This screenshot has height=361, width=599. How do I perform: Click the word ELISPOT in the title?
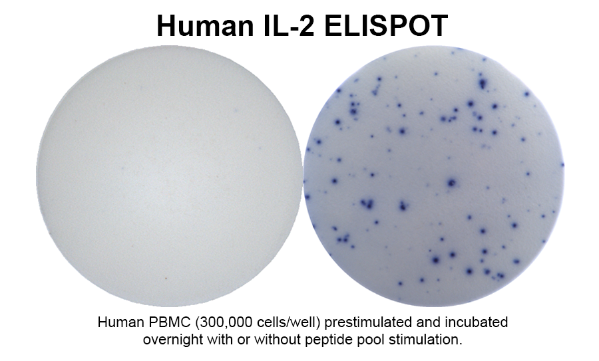coord(386,25)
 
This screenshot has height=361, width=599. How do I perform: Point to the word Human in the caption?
coord(120,322)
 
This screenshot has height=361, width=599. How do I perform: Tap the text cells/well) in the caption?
coord(288,323)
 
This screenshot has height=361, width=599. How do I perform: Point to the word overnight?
coord(173,340)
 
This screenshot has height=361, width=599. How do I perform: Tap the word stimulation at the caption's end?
coord(425,339)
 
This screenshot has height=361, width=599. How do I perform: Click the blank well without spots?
coord(169,176)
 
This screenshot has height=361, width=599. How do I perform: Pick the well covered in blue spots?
coord(434,176)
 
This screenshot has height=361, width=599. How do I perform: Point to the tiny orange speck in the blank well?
coord(166,278)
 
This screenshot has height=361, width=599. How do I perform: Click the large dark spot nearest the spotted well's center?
coord(452,183)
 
